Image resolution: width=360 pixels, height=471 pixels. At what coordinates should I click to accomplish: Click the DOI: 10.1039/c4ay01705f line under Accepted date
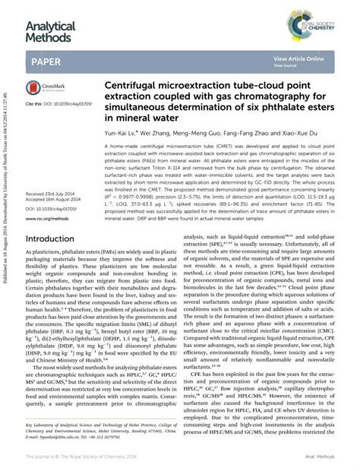[58, 187]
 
